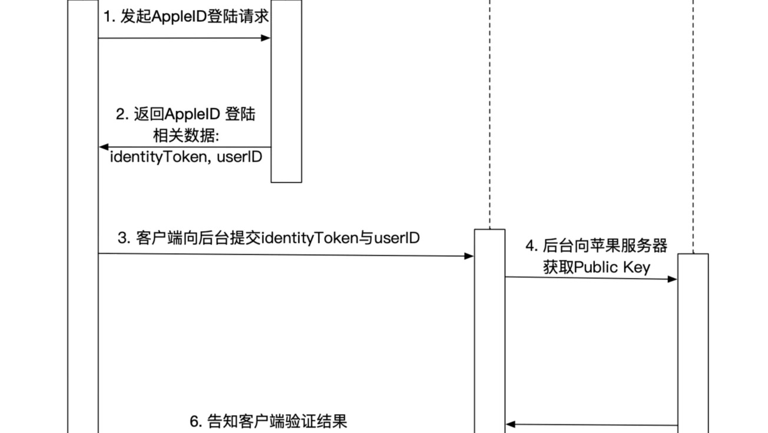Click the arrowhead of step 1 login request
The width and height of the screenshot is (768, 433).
point(266,38)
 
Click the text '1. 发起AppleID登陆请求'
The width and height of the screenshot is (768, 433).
point(186,17)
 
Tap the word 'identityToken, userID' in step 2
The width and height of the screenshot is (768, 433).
point(186,157)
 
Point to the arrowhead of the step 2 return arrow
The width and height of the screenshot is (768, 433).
point(103,146)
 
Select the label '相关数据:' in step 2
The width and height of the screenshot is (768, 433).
point(186,136)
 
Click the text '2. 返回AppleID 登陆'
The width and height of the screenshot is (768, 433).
point(186,114)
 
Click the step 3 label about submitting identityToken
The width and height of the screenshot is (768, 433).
point(269,238)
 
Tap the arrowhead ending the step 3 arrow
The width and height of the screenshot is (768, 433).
point(470,256)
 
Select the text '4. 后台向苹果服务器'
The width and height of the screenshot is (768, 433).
point(597,245)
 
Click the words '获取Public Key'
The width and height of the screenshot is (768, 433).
point(597,267)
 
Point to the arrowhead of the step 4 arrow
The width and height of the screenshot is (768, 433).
point(673,279)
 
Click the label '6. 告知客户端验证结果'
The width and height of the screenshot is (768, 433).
point(269,421)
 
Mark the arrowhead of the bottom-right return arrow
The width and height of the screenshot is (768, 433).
point(510,424)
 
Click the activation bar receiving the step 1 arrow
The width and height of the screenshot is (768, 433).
point(286,91)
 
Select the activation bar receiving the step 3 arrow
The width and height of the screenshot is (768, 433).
point(490,330)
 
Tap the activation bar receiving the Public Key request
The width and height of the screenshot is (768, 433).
point(693,342)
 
